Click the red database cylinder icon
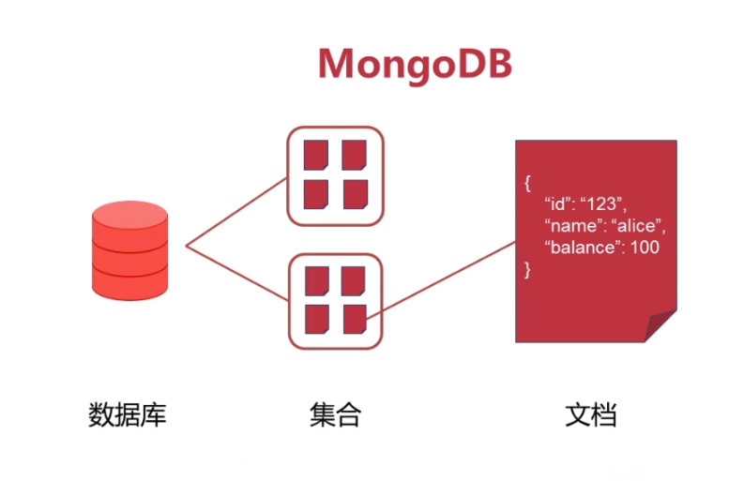point(130,248)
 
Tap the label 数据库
point(127,413)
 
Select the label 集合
point(335,413)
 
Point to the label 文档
point(591,413)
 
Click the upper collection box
point(335,175)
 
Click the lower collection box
point(335,299)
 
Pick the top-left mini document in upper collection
point(316,156)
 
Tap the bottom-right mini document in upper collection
point(354,194)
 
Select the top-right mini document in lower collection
point(353,280)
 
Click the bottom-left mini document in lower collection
point(316,319)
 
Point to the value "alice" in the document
point(637,225)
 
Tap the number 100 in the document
point(645,248)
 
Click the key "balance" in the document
point(584,248)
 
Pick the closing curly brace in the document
point(528,270)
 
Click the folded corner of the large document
point(660,325)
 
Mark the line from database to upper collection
point(236,211)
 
